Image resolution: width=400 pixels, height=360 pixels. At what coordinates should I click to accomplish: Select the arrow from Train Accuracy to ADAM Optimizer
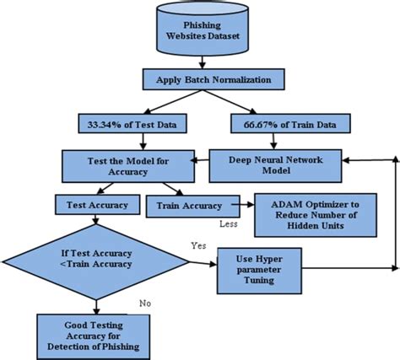[x=239, y=205]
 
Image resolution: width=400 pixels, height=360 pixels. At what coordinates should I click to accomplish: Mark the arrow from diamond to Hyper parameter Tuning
[x=202, y=264]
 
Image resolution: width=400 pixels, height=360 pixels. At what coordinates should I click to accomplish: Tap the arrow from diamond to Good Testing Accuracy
[x=98, y=304]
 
